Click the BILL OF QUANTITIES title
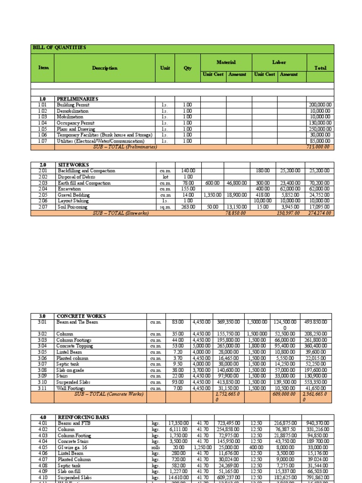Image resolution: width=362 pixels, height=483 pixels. [59, 48]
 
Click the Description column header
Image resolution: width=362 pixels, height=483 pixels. [105, 68]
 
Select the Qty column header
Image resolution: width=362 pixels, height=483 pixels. [188, 68]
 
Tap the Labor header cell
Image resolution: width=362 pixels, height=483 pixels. [279, 62]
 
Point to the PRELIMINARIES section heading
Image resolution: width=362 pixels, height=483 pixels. [77, 99]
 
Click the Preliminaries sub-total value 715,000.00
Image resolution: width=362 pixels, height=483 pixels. [321, 147]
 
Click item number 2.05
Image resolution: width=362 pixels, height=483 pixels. [43, 195]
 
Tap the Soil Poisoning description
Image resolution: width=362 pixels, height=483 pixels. [72, 207]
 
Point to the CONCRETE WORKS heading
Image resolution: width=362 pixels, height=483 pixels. [81, 316]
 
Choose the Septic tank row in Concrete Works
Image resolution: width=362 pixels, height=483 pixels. [68, 364]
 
